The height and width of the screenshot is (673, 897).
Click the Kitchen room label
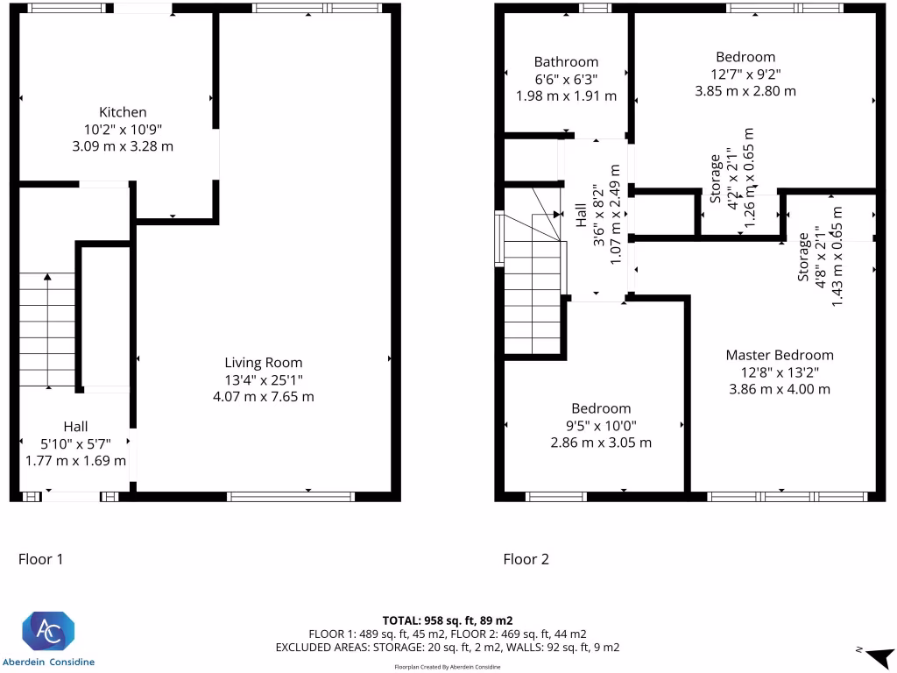(x=123, y=112)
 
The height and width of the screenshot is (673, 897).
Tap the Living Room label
(x=264, y=362)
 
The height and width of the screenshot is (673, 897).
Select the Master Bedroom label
(x=780, y=355)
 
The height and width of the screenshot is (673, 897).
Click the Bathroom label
(x=567, y=62)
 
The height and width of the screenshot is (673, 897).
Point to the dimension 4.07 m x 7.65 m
(x=264, y=396)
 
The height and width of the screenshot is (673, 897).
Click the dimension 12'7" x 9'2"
(x=745, y=74)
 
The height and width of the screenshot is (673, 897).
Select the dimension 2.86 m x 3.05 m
(x=601, y=443)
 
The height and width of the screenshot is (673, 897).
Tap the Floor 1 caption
(x=41, y=559)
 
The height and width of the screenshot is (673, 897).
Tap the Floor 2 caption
(x=526, y=559)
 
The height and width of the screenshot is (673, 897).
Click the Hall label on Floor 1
(x=75, y=426)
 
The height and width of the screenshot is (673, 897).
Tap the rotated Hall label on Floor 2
(x=582, y=216)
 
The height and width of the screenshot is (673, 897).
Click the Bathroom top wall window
(x=596, y=8)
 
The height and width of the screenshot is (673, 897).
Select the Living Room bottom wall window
(x=291, y=497)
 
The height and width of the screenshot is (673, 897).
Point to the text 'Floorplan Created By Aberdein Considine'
(x=448, y=667)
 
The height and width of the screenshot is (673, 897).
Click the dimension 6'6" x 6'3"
(x=567, y=79)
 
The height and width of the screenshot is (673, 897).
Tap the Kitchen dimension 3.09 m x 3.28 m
(x=123, y=146)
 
